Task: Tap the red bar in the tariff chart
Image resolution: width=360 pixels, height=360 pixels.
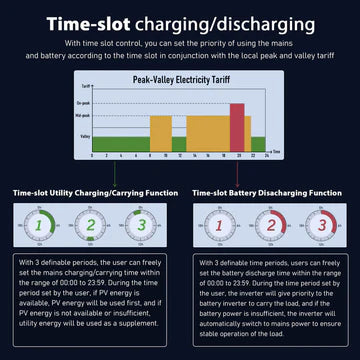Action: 237,128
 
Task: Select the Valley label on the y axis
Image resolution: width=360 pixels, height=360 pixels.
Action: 85,135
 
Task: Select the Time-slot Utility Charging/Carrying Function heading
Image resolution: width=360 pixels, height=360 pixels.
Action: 91,191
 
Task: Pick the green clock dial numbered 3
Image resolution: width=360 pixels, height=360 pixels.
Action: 141,226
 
